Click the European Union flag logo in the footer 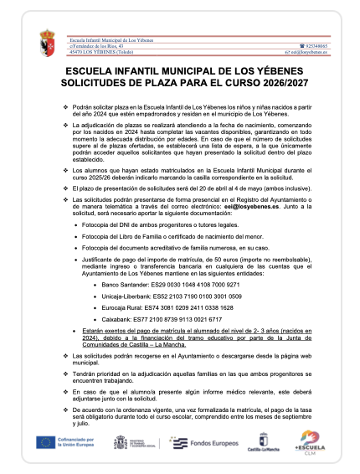pyautogui.click(x=45, y=441)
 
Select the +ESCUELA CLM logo pyautogui.click(x=309, y=441)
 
